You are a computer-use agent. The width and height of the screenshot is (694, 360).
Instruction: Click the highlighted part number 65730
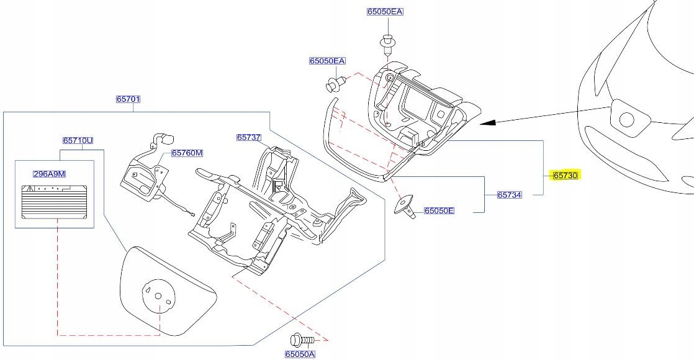click(x=566, y=176)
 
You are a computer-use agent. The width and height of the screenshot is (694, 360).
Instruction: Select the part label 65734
click(x=510, y=194)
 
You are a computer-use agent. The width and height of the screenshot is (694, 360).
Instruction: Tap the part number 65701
click(x=128, y=99)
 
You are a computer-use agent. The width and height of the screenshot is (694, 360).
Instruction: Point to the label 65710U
click(x=78, y=141)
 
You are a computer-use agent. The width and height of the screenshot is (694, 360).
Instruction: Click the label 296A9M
click(x=49, y=174)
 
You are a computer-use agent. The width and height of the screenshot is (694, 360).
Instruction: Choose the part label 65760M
click(x=187, y=153)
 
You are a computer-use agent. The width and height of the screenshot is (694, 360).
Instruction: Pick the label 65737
click(x=249, y=137)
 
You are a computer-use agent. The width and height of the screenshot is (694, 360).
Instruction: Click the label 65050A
click(x=300, y=354)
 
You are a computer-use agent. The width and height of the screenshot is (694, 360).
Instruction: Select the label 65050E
click(x=439, y=210)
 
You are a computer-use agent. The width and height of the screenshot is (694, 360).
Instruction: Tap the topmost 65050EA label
click(x=385, y=12)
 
